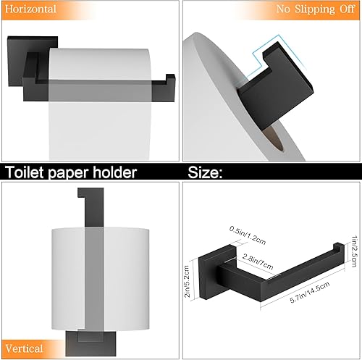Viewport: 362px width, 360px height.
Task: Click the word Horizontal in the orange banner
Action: pos(30,9)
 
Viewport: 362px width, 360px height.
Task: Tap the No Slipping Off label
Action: pos(314,9)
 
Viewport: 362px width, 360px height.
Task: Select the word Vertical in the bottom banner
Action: pos(24,348)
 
